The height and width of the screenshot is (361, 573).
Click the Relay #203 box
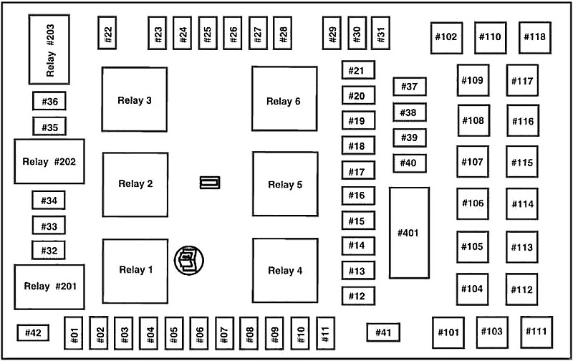pos(49,49)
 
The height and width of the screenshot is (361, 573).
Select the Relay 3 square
pos(135,100)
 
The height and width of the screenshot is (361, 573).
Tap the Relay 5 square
pos(285,184)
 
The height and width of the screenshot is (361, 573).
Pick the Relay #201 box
pos(49,287)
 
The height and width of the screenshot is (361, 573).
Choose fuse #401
pos(409,233)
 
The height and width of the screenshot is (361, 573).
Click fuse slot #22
pos(107,33)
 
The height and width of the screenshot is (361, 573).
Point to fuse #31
pos(380,33)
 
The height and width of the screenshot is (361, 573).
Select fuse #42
pos(33,332)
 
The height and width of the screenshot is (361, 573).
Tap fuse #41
pos(383,332)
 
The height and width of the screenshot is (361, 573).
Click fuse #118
pos(535,37)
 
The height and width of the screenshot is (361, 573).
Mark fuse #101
pos(448,332)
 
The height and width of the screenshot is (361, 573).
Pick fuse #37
pos(410,87)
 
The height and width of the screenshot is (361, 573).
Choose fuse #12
pos(359,296)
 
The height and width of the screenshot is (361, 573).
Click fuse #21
pos(359,69)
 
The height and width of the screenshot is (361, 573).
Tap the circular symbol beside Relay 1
pos(189,261)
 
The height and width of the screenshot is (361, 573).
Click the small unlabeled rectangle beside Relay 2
pos(210,183)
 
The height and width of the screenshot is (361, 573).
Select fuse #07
pos(224,333)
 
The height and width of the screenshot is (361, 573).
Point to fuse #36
pos(49,101)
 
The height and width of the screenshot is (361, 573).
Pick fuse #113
pos(522,247)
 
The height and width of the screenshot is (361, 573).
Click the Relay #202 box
pos(49,161)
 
